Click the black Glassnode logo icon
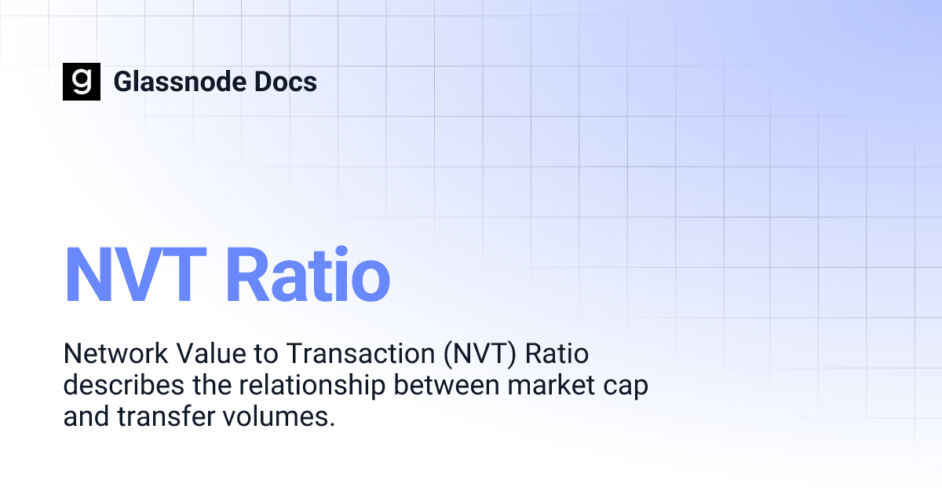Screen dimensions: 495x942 coord(82,82)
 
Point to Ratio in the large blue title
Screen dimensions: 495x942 coord(308,275)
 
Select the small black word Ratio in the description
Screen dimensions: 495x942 coord(557,355)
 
